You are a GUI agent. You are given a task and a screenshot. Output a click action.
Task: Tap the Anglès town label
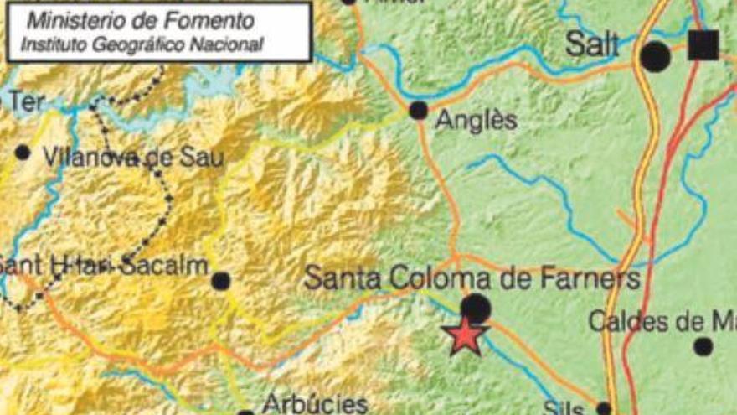[x=477, y=121]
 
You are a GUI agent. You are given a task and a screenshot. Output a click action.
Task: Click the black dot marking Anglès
[x=418, y=110]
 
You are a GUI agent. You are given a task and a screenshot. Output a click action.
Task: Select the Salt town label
[x=592, y=45]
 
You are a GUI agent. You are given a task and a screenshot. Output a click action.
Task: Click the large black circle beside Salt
[x=655, y=56]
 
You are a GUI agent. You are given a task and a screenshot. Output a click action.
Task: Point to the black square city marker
[x=703, y=44]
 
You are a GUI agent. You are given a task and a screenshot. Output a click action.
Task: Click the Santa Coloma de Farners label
[x=472, y=278]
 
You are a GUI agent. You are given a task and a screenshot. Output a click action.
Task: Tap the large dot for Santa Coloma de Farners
[x=476, y=309]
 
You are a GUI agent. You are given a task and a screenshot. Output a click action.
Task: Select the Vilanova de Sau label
[x=133, y=156]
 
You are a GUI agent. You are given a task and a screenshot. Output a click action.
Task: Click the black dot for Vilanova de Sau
[x=23, y=153]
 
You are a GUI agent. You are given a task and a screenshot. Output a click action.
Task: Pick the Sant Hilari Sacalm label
[x=102, y=266]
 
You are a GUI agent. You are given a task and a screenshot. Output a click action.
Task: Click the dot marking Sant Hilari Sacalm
[x=220, y=281]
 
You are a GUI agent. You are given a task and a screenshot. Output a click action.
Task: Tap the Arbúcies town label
[x=315, y=403]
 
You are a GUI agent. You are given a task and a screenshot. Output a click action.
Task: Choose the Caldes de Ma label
[x=662, y=320]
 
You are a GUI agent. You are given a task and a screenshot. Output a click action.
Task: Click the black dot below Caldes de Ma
[x=703, y=345]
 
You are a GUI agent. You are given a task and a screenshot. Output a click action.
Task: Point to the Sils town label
[x=562, y=407]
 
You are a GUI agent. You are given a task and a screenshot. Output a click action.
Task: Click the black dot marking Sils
[x=604, y=409]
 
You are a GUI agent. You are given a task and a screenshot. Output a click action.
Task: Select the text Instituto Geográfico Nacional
[x=141, y=43]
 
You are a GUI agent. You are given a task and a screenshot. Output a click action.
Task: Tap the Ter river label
[x=25, y=101]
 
